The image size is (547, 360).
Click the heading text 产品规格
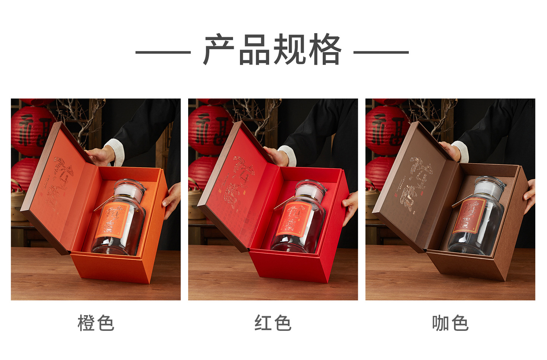coord(272,50)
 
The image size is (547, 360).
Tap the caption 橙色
coord(96,323)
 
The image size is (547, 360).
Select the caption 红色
coord(273,323)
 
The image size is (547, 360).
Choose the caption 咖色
coord(450,323)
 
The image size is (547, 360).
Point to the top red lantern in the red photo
coord(208,129)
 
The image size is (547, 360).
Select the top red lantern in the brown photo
coord(385,129)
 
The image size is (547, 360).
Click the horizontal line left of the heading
coord(163,52)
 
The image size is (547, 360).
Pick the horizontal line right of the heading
coord(381,52)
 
